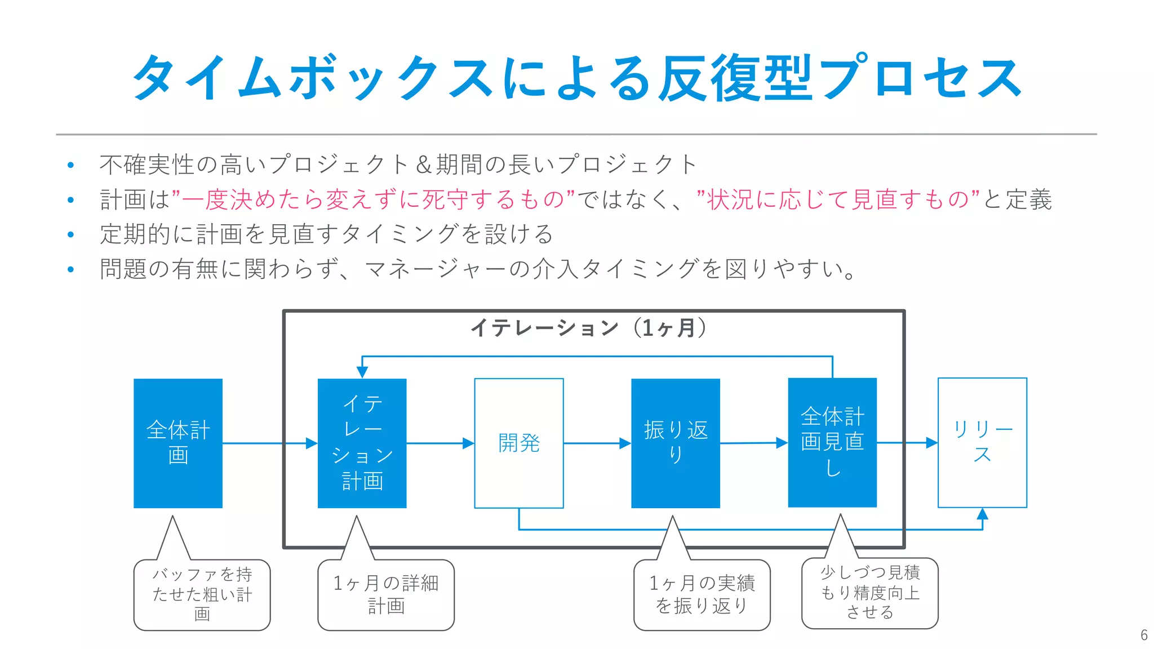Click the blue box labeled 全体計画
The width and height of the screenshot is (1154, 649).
click(x=177, y=443)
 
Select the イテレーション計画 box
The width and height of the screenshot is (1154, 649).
click(x=362, y=443)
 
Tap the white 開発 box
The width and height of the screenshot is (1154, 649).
click(x=518, y=443)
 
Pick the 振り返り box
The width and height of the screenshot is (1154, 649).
click(x=675, y=443)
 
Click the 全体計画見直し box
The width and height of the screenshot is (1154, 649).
click(x=832, y=442)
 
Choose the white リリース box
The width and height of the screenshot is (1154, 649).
click(x=982, y=442)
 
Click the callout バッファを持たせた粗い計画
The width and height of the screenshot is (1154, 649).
click(x=202, y=594)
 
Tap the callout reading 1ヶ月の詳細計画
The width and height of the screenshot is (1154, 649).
click(x=385, y=594)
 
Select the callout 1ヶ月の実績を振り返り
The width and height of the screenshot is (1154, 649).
click(x=702, y=594)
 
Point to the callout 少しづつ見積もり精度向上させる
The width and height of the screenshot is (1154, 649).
click(x=869, y=593)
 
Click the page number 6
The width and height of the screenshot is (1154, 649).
click(x=1143, y=635)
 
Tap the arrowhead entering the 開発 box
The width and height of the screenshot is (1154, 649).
click(x=468, y=443)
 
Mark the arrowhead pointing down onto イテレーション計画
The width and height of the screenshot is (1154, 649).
click(x=362, y=372)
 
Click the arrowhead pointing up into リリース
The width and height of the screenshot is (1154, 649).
click(x=982, y=514)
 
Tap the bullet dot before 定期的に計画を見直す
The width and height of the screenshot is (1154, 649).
click(x=70, y=234)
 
